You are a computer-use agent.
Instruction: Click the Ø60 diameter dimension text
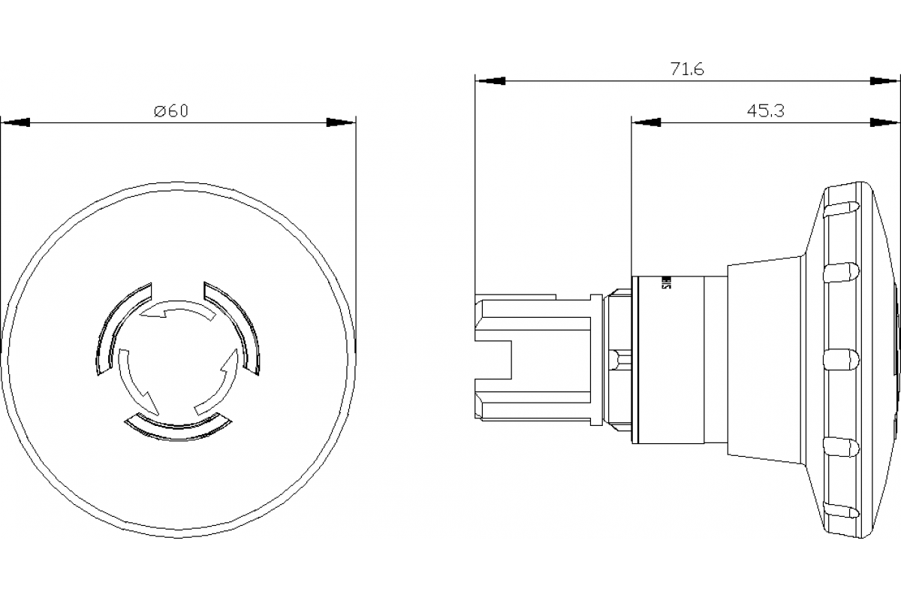coord(170,111)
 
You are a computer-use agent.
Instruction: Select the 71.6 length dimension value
coord(686,70)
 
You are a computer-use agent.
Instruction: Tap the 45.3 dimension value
coord(765,111)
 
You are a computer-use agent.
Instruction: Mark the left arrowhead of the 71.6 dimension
coord(490,80)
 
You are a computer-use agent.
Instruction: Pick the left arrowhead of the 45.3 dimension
coord(646,122)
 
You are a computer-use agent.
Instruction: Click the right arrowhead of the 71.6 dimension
coord(885,80)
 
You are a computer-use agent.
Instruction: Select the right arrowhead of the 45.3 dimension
coord(885,122)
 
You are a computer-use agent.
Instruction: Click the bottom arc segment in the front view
coord(178,427)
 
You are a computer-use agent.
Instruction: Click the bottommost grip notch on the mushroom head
coord(841,510)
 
